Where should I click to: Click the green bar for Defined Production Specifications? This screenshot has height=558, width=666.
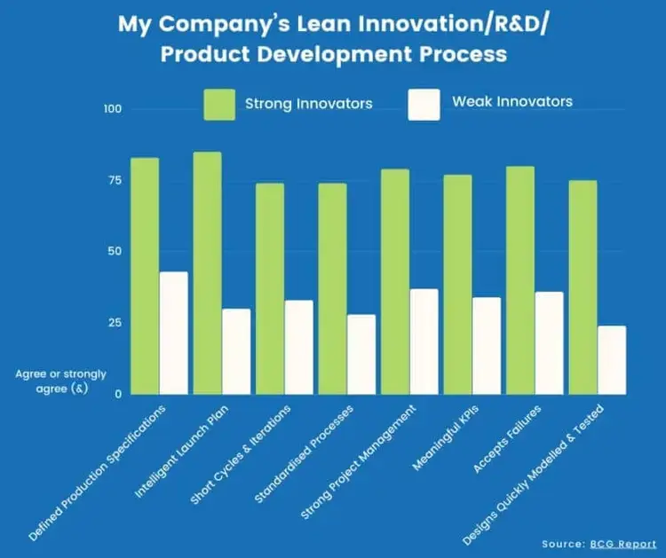(144, 276)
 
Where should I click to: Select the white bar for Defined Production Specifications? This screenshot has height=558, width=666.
(173, 333)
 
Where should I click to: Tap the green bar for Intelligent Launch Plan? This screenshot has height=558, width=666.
(207, 273)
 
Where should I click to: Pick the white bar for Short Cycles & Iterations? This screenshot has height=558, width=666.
(298, 347)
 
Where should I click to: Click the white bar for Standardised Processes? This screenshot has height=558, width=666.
(361, 354)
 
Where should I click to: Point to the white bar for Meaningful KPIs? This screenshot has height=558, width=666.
(486, 345)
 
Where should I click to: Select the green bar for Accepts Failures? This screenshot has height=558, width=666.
(519, 280)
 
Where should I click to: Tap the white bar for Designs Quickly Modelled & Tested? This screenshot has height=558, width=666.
(611, 360)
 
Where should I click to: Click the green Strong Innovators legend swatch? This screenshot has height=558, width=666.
(219, 104)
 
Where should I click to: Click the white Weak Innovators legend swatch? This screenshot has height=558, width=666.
(424, 104)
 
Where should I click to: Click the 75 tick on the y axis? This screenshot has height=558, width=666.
(115, 180)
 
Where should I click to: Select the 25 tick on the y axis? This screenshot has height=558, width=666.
(115, 322)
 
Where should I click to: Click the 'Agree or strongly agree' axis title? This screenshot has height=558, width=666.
(60, 381)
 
